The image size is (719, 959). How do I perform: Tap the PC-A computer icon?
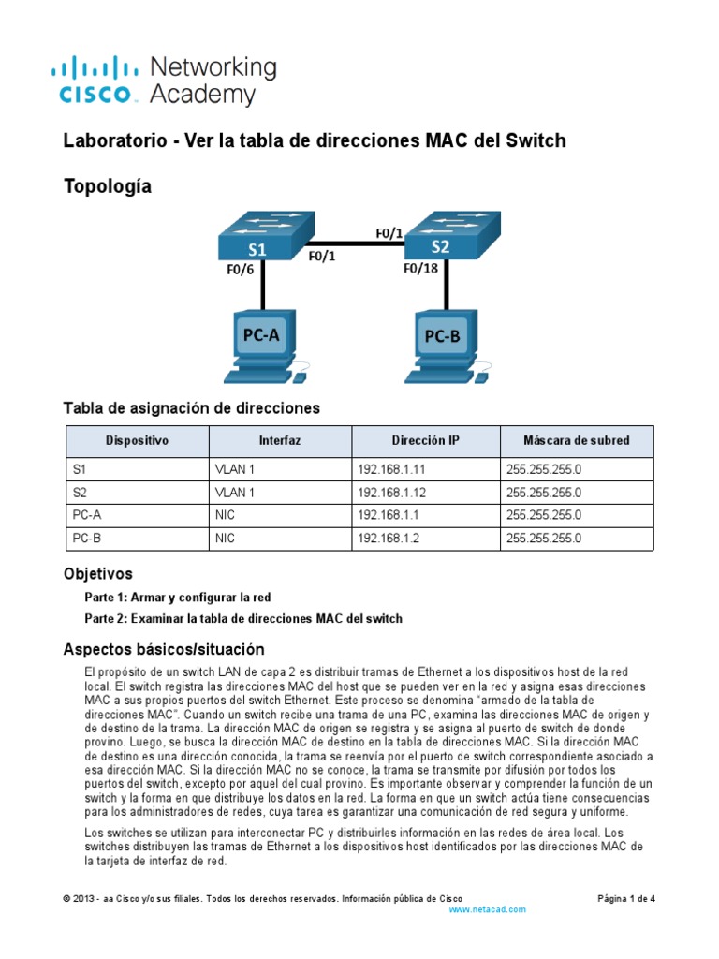coord(262,346)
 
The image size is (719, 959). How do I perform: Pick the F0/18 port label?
coord(420,269)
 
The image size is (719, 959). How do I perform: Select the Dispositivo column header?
coord(137,440)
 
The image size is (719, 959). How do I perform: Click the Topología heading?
coord(107,186)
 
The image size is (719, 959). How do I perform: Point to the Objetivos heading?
coord(97,573)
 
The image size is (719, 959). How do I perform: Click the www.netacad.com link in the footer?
coord(488,909)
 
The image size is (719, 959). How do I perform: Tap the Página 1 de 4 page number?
coord(626,898)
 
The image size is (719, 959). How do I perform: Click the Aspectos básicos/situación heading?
coord(164,649)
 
